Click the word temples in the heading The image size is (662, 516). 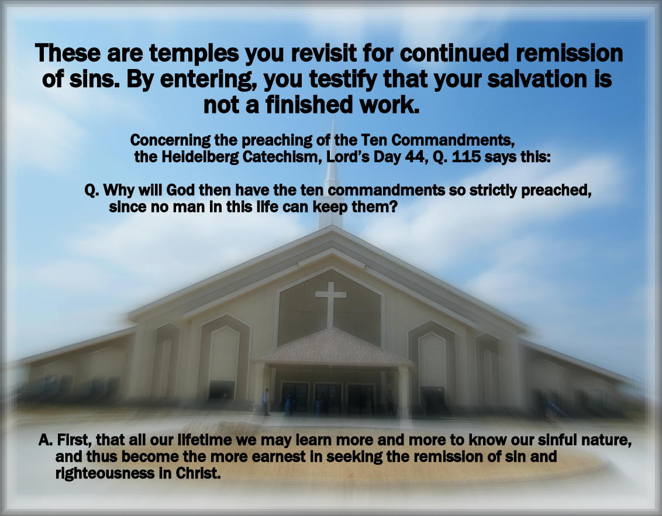(x=194, y=54)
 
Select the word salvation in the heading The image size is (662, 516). (x=537, y=78)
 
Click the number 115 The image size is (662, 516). (x=466, y=157)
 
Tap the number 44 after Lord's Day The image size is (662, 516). (x=414, y=157)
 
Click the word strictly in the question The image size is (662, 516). (x=493, y=191)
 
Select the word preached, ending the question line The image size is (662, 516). (x=556, y=191)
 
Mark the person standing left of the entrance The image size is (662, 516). (x=266, y=401)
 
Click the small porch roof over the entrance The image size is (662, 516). (x=332, y=347)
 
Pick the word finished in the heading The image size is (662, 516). (x=309, y=105)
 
